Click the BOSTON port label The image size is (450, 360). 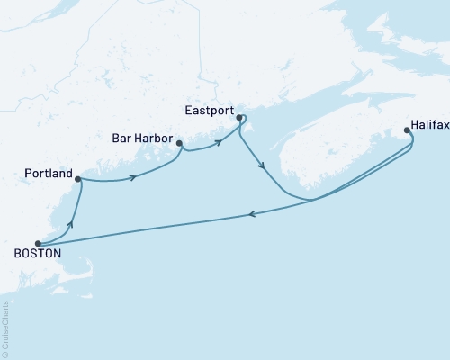coord(37,255)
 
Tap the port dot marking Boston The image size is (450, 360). coord(37,243)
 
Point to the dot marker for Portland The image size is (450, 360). coord(78,179)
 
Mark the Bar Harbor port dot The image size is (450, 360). coord(180,143)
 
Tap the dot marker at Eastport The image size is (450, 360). coord(238,117)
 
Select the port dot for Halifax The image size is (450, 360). coord(408,130)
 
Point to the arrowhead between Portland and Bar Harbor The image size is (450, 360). coord(133,177)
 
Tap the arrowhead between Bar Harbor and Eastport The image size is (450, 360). coord(218,143)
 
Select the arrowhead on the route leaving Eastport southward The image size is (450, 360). coord(261,165)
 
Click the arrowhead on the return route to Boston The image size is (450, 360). coord(251,214)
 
